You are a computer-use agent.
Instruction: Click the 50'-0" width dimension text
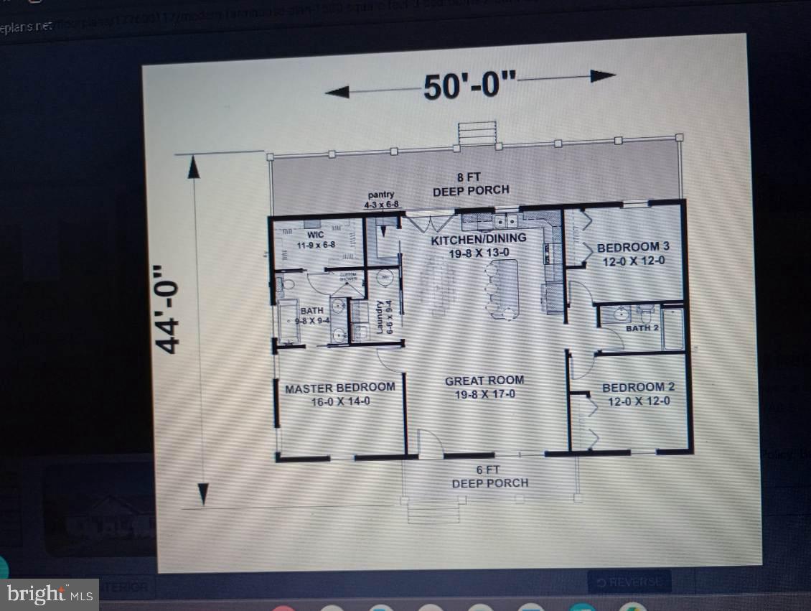click(469, 86)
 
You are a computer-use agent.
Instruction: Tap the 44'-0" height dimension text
click(167, 308)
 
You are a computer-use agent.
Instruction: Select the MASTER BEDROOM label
click(339, 394)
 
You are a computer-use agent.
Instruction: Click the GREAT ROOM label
click(484, 387)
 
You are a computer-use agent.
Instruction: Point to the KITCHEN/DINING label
click(479, 245)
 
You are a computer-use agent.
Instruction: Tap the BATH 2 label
click(642, 328)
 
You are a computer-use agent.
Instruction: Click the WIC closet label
click(317, 239)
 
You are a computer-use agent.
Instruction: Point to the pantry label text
click(381, 200)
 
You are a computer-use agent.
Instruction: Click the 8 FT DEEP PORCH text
click(472, 185)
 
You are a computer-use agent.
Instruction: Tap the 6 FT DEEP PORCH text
click(489, 476)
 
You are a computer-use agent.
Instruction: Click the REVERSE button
click(629, 582)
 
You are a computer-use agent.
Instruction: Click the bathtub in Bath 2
click(673, 329)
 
